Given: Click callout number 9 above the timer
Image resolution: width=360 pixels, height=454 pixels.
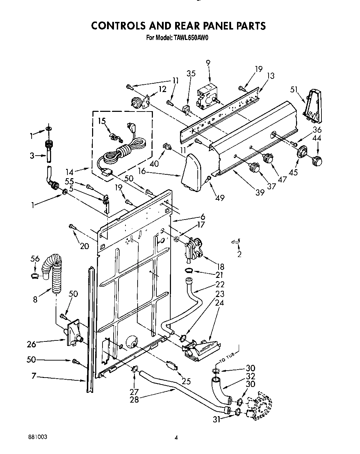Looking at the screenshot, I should pyautogui.click(x=208, y=63).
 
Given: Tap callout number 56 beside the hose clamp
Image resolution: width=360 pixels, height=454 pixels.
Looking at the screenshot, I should pyautogui.click(x=34, y=259).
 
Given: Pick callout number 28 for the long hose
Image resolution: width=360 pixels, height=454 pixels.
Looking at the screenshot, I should pyautogui.click(x=134, y=400).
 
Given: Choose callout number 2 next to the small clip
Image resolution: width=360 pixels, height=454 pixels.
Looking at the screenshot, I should pyautogui.click(x=239, y=254).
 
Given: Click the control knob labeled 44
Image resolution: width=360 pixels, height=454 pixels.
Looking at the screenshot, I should pyautogui.click(x=317, y=160).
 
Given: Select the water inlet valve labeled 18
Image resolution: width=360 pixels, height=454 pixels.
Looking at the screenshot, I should pyautogui.click(x=194, y=248).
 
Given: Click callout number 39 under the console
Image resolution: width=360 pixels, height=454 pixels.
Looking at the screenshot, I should pyautogui.click(x=260, y=192).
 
